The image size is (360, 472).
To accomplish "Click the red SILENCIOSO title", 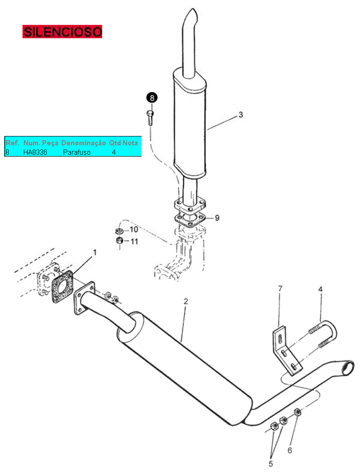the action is [62, 32].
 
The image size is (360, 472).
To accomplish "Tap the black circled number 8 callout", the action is [152, 98].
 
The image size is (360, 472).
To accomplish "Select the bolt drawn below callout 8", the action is [151, 118].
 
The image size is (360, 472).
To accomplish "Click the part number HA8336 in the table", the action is [35, 152].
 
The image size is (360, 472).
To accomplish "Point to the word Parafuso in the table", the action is [77, 152].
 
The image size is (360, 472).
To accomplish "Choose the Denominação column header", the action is [83, 143].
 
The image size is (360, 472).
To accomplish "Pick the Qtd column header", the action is [115, 143].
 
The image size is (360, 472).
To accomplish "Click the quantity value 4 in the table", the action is [114, 152].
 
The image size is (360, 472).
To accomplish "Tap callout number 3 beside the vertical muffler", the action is [240, 114].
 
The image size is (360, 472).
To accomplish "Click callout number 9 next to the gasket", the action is [217, 218].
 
